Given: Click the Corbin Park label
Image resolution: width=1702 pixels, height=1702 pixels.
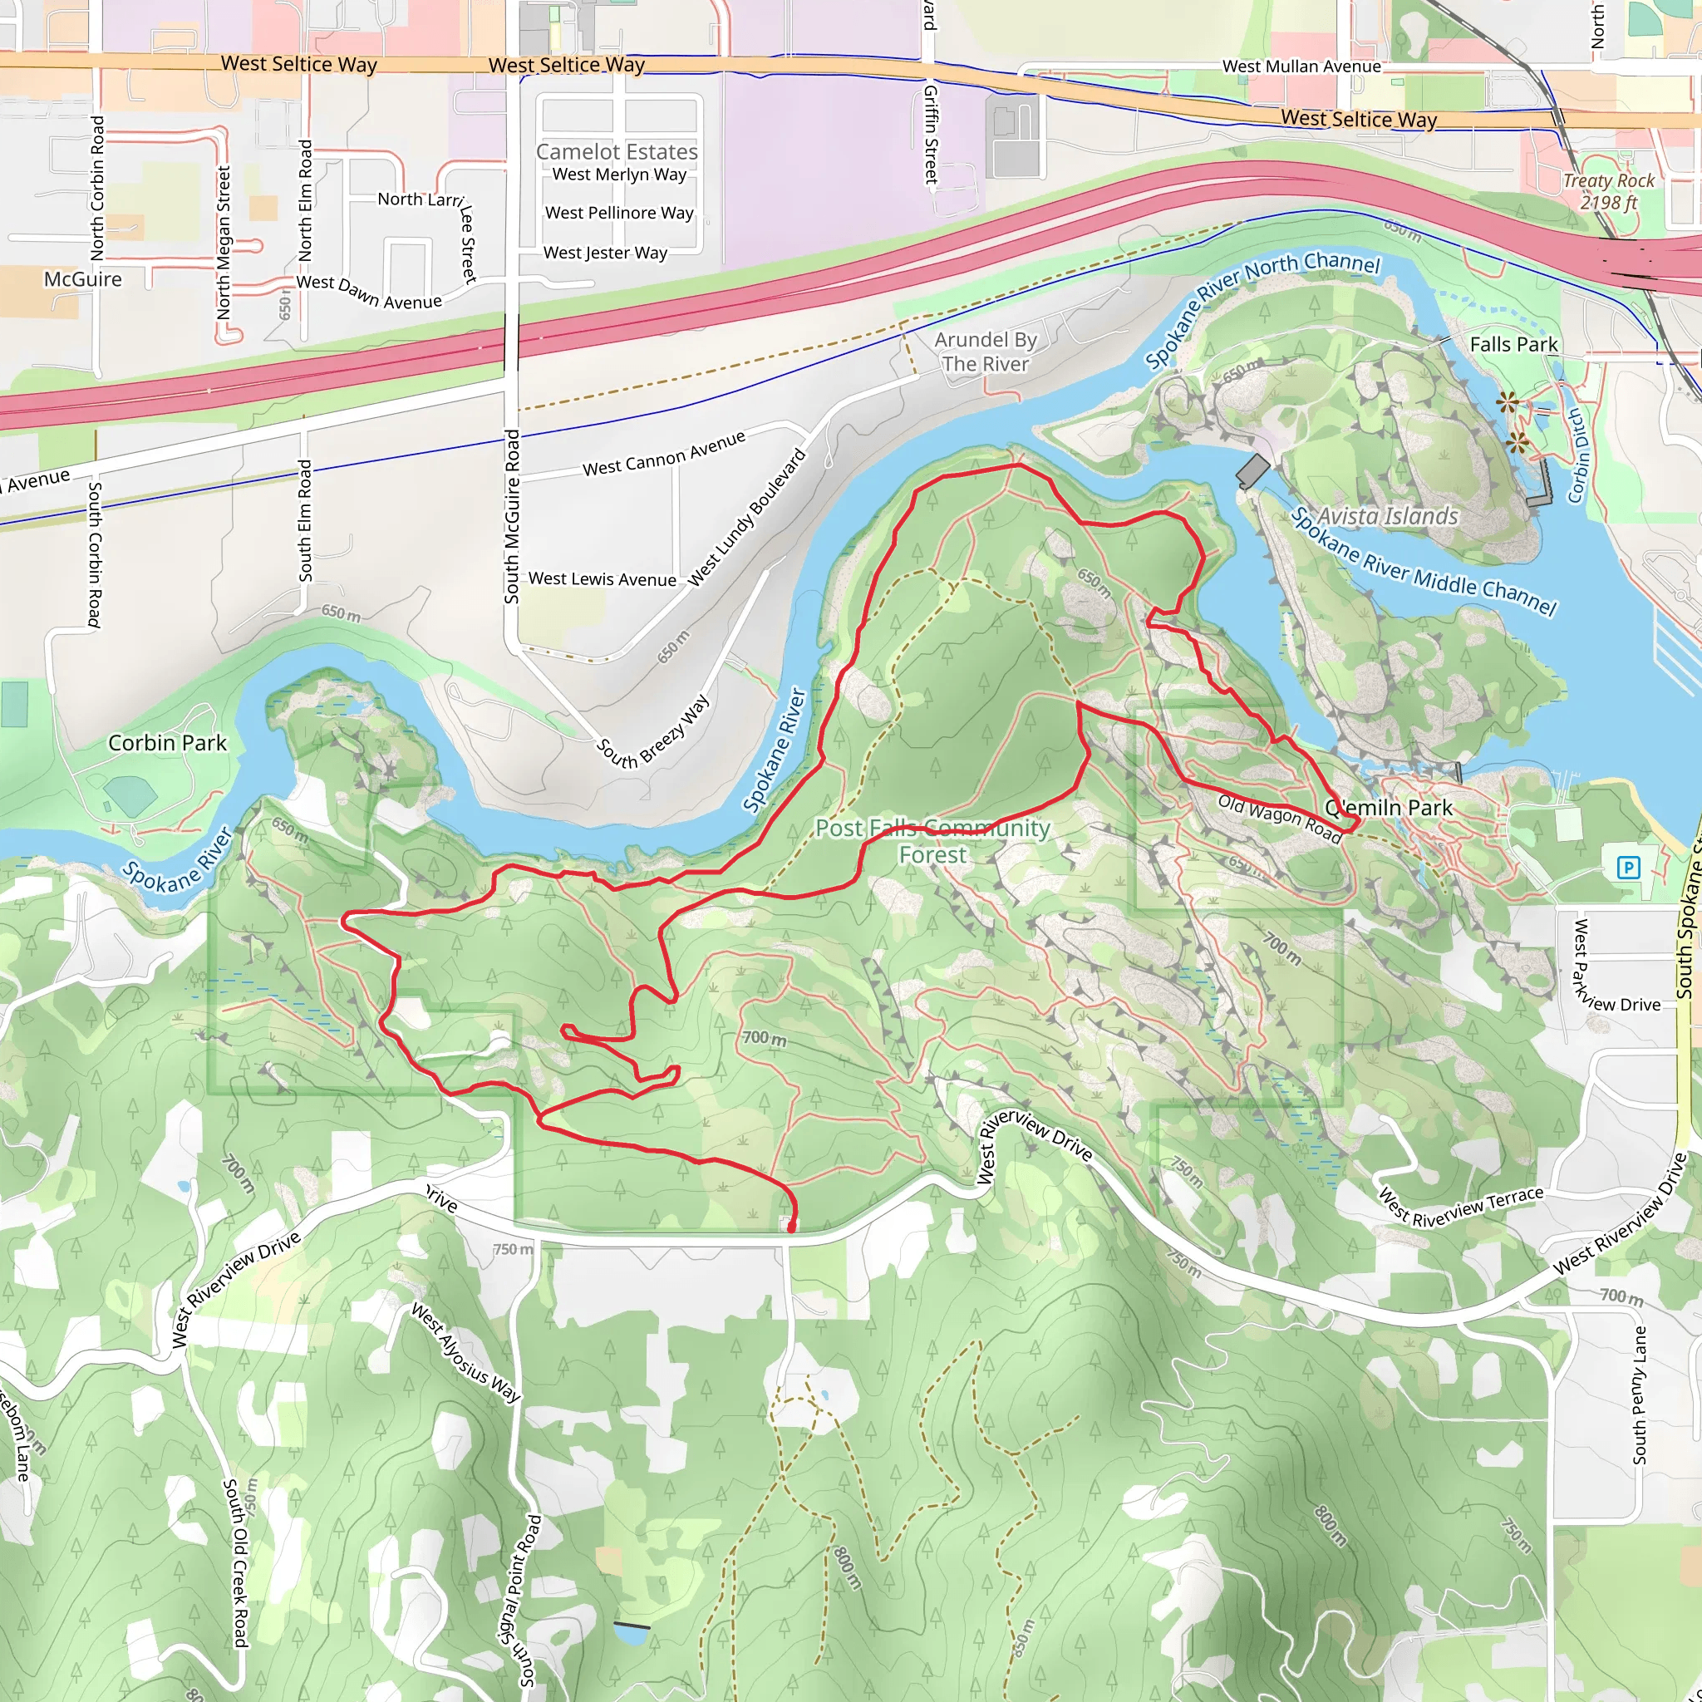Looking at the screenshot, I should pyautogui.click(x=167, y=743).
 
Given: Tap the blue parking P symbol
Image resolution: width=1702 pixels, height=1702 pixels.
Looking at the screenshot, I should pyautogui.click(x=1628, y=868).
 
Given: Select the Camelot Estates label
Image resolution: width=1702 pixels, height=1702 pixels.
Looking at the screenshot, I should pyautogui.click(x=617, y=151).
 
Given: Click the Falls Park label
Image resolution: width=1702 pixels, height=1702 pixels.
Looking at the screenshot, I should pyautogui.click(x=1513, y=344).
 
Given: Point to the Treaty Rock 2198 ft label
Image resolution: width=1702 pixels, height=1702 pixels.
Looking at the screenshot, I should pyautogui.click(x=1608, y=191).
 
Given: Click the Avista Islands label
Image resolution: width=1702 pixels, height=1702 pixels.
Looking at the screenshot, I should pyautogui.click(x=1388, y=515).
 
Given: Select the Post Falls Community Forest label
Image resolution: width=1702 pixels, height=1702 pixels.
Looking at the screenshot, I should pyautogui.click(x=932, y=841).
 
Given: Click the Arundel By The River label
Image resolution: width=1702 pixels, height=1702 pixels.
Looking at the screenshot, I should pyautogui.click(x=985, y=352).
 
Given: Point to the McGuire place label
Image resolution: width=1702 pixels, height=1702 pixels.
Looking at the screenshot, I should pyautogui.click(x=83, y=279).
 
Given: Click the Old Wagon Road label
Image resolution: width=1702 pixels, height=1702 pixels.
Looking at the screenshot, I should pyautogui.click(x=1279, y=819).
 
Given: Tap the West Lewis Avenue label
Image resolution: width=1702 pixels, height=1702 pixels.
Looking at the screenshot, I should pyautogui.click(x=603, y=578).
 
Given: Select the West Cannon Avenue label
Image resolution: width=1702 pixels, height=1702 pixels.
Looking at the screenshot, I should pyautogui.click(x=663, y=454).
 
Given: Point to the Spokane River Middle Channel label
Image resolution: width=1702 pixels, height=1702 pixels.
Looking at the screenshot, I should pyautogui.click(x=1423, y=562).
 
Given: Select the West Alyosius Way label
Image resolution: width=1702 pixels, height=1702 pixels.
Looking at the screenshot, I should pyautogui.click(x=466, y=1352).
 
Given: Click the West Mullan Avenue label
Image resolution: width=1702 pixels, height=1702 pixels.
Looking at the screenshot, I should pyautogui.click(x=1301, y=66).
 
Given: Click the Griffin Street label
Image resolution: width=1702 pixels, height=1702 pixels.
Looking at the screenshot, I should pyautogui.click(x=930, y=134).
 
